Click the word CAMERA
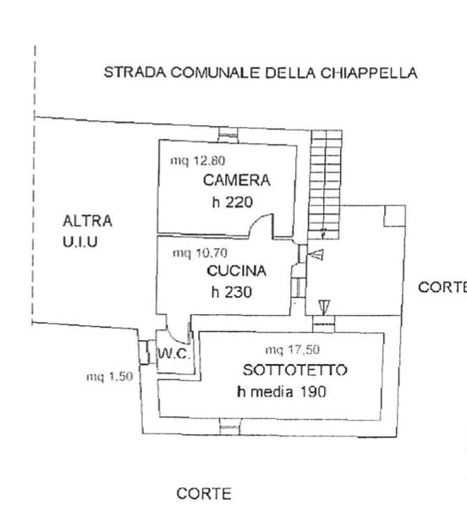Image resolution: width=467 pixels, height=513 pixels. pyautogui.click(x=236, y=179)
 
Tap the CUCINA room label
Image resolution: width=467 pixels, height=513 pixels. pyautogui.click(x=237, y=272)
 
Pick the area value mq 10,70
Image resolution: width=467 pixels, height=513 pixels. pyautogui.click(x=200, y=252)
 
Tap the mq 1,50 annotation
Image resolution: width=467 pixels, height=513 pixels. pyautogui.click(x=109, y=378)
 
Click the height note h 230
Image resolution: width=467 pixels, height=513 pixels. pyautogui.click(x=233, y=292)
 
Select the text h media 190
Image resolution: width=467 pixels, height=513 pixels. pyautogui.click(x=283, y=391)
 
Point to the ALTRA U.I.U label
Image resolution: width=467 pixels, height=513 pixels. pyautogui.click(x=87, y=230)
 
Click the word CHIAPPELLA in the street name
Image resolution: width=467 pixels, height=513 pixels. pyautogui.click(x=370, y=73)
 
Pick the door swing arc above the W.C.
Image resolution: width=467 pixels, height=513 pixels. pyautogui.click(x=179, y=323)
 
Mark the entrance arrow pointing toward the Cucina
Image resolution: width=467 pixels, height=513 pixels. pyautogui.click(x=316, y=254)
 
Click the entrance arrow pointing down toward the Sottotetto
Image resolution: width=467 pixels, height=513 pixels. pyautogui.click(x=324, y=306)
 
